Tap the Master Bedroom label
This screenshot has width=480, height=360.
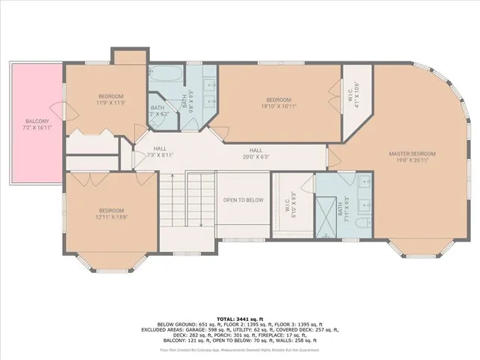pyautogui.click(x=412, y=156)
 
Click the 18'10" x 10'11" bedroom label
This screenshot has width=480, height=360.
pyautogui.click(x=278, y=103)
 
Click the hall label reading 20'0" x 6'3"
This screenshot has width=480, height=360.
pyautogui.click(x=256, y=153)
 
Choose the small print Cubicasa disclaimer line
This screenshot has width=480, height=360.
pyautogui.click(x=239, y=349)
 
